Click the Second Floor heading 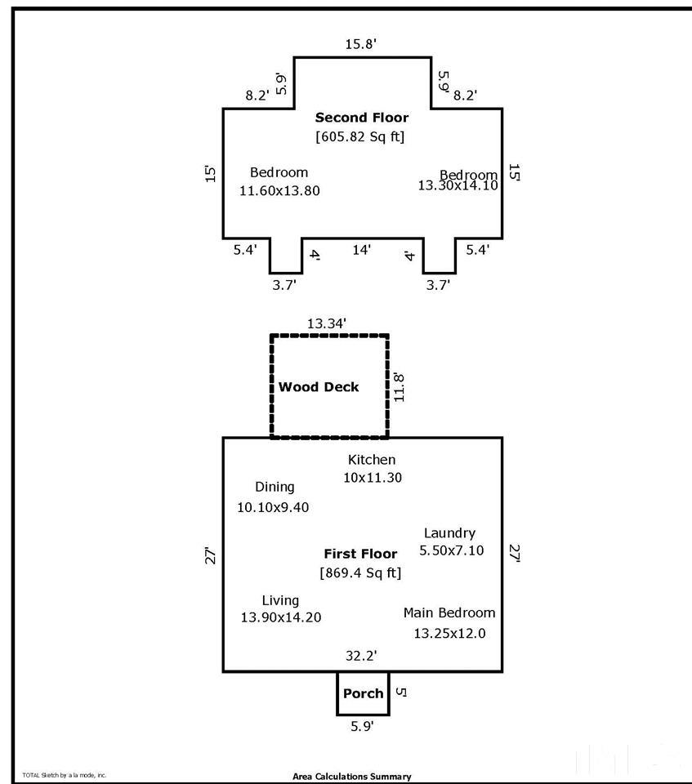[362, 118]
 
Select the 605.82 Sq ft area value [360, 136]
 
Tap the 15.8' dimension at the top [360, 45]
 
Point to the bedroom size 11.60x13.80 [279, 190]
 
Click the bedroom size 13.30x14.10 [458, 185]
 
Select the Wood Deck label [319, 387]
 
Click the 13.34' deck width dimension [327, 323]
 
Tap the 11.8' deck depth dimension [398, 388]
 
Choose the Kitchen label [372, 460]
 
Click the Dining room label [275, 487]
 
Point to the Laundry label [449, 533]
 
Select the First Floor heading [361, 554]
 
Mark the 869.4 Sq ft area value [361, 572]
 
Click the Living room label [280, 600]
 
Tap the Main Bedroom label [449, 612]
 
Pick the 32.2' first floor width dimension [361, 655]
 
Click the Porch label [363, 693]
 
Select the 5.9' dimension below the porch [362, 726]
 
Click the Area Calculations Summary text [352, 777]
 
